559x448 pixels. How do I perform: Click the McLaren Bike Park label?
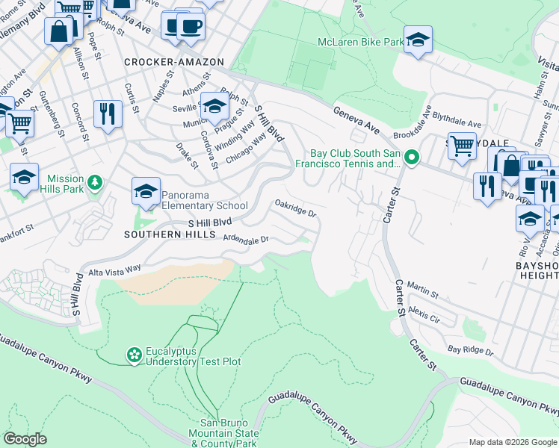(x=360, y=42)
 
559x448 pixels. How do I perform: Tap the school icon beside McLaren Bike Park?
(x=418, y=40)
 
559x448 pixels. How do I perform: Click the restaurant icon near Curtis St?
(x=108, y=114)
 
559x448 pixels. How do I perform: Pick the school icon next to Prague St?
(x=214, y=107)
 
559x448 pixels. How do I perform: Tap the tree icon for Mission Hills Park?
(x=94, y=182)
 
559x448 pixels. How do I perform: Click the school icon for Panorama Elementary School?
(x=146, y=192)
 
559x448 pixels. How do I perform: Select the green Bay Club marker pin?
(x=411, y=158)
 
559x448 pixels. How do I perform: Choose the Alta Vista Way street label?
(x=115, y=269)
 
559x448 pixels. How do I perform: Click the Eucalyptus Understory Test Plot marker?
(x=134, y=355)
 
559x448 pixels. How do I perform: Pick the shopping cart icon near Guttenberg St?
(x=20, y=122)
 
